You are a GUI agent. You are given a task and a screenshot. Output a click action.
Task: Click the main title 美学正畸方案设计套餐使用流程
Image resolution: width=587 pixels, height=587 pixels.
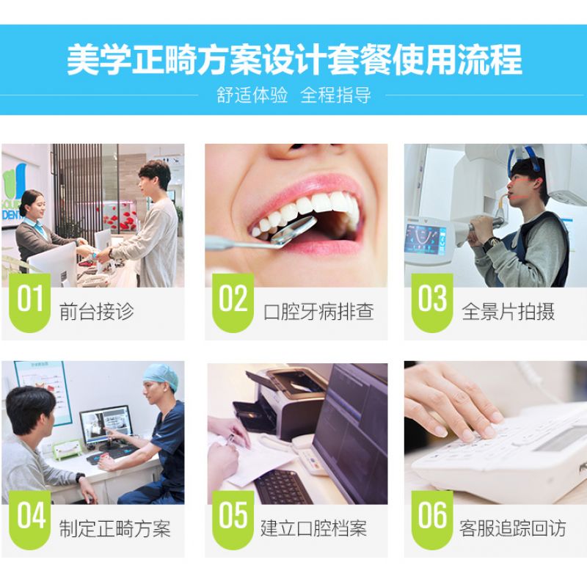click(x=294, y=60)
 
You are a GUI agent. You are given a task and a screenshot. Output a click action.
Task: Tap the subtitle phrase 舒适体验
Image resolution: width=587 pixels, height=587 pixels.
click(x=252, y=95)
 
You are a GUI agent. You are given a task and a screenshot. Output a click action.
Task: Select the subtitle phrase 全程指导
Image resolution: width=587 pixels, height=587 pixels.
click(x=336, y=95)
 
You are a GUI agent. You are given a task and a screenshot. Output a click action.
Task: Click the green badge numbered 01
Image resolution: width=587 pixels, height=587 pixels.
click(x=29, y=302)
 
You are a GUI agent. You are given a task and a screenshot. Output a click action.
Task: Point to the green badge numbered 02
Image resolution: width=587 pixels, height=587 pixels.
click(x=233, y=302)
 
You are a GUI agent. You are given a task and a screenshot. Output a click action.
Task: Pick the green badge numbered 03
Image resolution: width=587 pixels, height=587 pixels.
click(x=432, y=302)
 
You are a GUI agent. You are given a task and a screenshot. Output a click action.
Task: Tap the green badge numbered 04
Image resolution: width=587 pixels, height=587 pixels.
click(x=29, y=519)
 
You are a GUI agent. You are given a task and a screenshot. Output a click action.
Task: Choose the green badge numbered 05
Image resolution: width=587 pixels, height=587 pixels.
click(x=233, y=519)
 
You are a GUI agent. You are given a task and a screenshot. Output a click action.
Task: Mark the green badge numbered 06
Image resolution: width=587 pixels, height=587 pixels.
click(x=432, y=519)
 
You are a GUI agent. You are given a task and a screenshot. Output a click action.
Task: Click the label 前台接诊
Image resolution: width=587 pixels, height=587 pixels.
click(x=97, y=311)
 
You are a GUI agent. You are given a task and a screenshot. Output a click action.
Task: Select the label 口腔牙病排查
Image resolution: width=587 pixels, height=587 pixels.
click(x=318, y=311)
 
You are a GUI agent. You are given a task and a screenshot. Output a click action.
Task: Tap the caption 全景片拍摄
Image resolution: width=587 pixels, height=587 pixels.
click(x=508, y=311)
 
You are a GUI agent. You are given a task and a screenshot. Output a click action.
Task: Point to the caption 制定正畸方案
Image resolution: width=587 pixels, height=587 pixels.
click(x=114, y=528)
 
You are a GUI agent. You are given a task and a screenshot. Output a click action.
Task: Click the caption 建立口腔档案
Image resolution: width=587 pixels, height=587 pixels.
click(x=314, y=528)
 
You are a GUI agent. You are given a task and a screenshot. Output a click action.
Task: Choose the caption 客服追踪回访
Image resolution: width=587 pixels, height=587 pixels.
click(x=512, y=528)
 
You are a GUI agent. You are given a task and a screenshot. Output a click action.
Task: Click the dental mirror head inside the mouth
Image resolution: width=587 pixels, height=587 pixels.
click(x=294, y=230)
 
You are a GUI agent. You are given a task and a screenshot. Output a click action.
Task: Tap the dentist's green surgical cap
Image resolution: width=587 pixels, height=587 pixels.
click(x=161, y=377)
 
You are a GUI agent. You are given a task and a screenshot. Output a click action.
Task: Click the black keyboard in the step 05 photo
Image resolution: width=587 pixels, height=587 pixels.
click(x=282, y=486)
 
